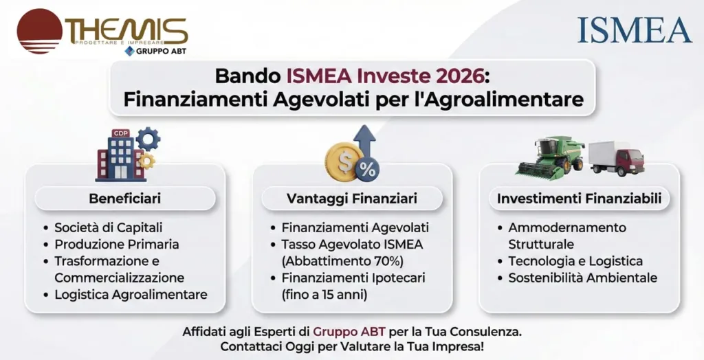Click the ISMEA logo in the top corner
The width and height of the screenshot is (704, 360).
[634, 29]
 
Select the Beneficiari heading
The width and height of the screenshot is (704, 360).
[124, 199]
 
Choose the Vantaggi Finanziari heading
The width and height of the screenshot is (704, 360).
[351, 199]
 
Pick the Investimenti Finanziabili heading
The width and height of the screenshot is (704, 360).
[579, 199]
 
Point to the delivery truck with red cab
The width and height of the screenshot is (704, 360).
[617, 158]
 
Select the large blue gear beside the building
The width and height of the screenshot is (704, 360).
[148, 139]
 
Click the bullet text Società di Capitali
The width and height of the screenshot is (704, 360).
[108, 227]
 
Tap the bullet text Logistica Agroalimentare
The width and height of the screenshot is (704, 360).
[131, 295]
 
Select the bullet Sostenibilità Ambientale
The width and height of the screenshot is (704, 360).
[582, 278]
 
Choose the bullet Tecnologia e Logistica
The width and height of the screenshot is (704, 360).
[575, 261]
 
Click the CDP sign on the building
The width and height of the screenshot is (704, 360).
[120, 133]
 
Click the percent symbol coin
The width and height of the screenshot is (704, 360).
[366, 169]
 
